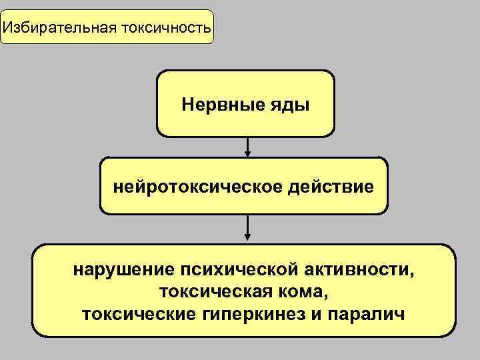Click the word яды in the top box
tap(287, 105)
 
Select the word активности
tap(359, 271)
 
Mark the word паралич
tap(369, 313)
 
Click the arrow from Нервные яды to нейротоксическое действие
tap(247, 147)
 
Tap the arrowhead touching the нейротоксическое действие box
tap(247, 154)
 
